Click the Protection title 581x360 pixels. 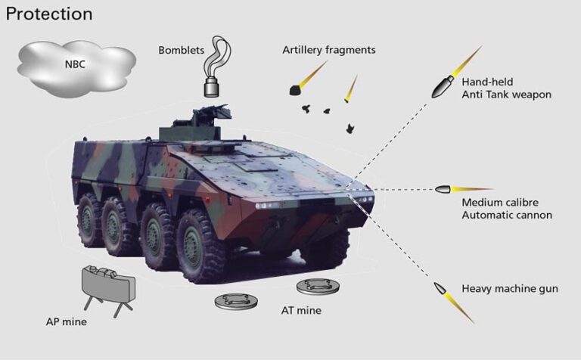(x=49, y=14)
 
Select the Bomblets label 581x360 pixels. (x=182, y=51)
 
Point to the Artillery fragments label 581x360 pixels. (x=328, y=51)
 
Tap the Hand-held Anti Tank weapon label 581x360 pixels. (x=506, y=87)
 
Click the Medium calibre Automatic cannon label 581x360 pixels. (x=507, y=209)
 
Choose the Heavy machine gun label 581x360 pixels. (x=510, y=289)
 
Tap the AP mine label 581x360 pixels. (x=67, y=322)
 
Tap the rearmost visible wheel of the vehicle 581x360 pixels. (x=89, y=214)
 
